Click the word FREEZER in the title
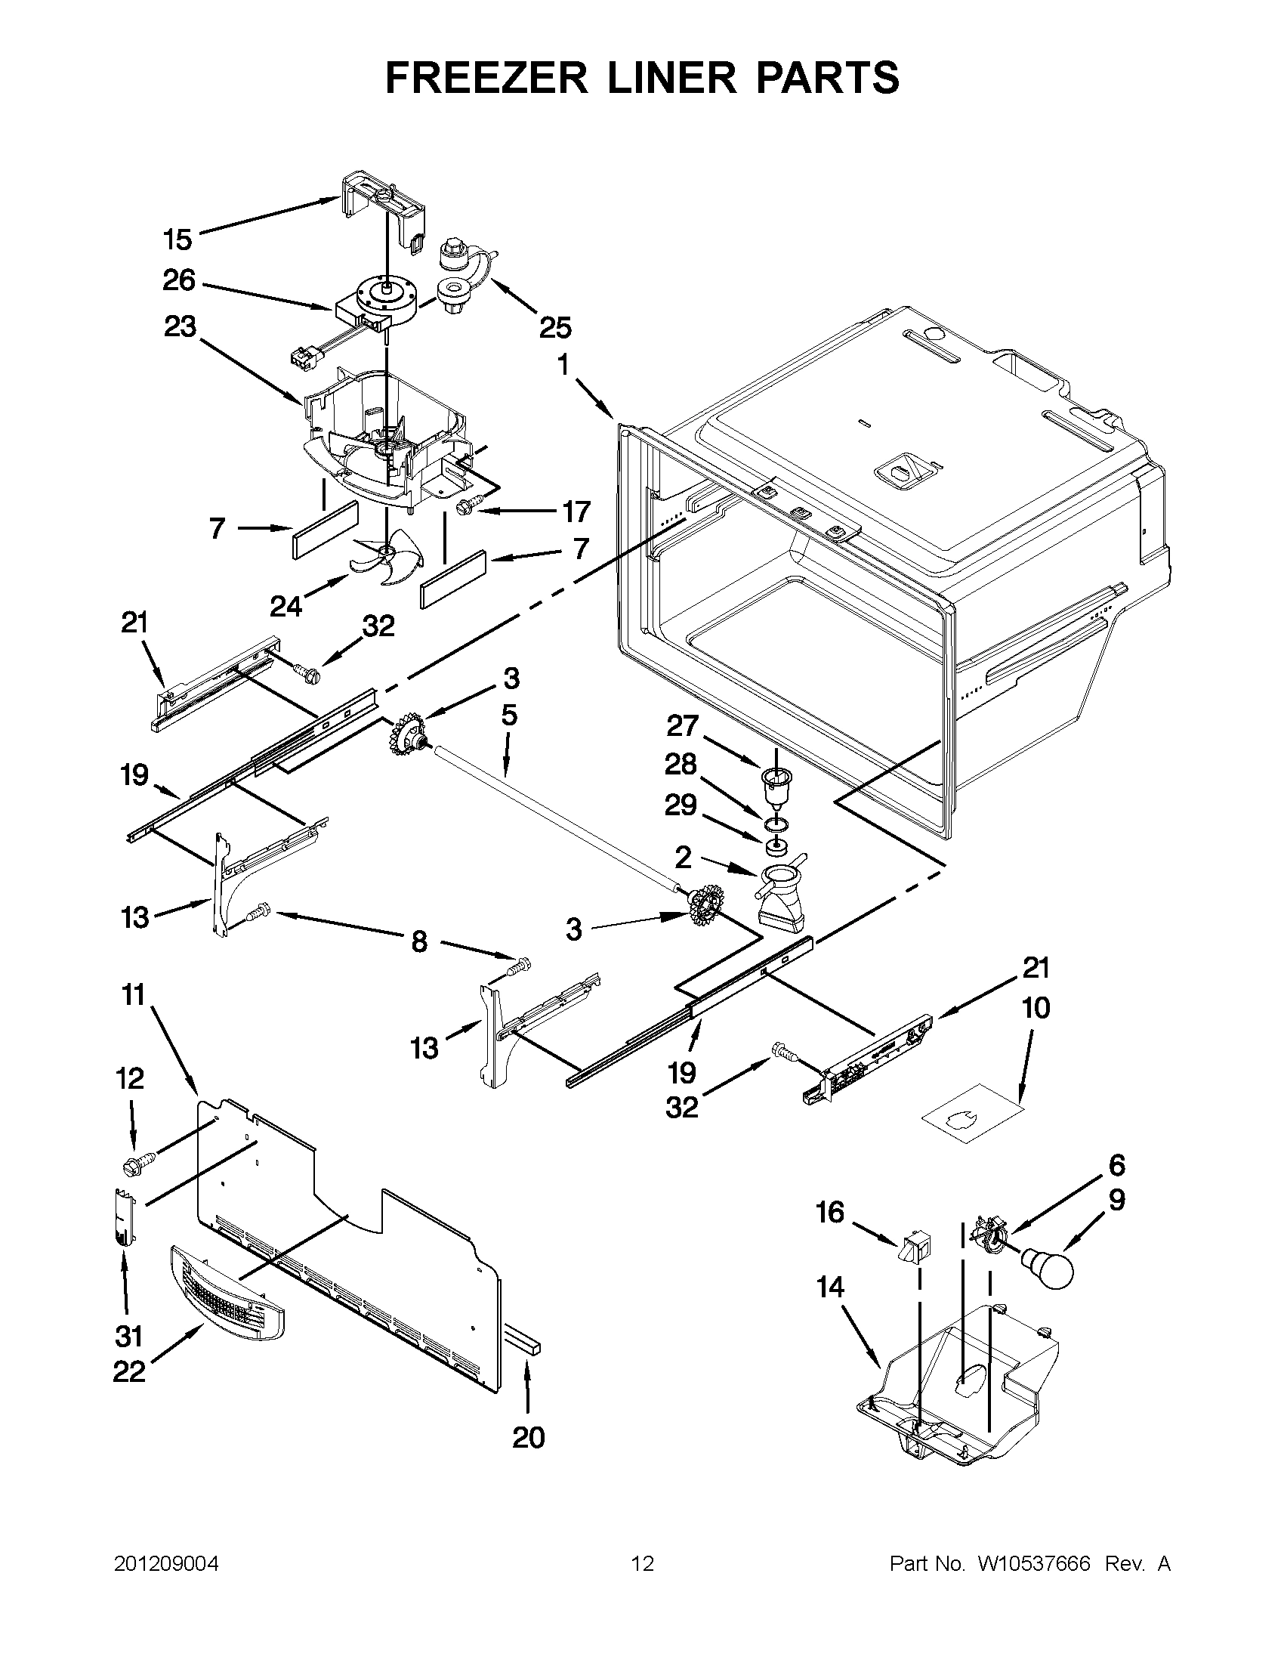point(486,79)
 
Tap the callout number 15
point(177,240)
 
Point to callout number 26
point(179,281)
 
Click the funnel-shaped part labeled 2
point(779,896)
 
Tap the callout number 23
point(179,327)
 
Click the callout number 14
point(830,1287)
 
